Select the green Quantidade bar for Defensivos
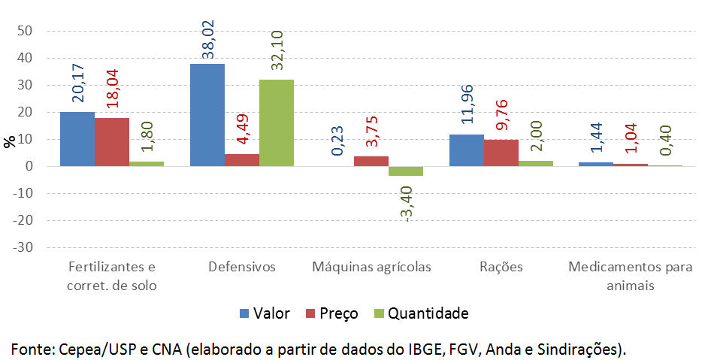[277, 123]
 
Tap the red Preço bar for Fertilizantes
[112, 142]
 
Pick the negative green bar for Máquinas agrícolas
[406, 171]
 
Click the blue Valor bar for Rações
[466, 150]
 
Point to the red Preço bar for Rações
[501, 153]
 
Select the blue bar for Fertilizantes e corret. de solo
[77, 139]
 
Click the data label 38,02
[208, 40]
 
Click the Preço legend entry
[330, 313]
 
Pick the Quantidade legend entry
[422, 313]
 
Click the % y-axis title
[9, 141]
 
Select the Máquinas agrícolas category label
[372, 268]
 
